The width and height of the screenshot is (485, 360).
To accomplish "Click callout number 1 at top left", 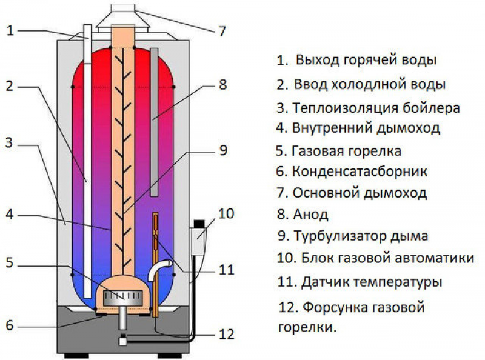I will [10, 31].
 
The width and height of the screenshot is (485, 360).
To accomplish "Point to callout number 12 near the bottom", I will [224, 333].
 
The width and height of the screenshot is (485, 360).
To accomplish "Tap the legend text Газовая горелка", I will [346, 150].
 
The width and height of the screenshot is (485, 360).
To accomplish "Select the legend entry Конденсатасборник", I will [360, 172].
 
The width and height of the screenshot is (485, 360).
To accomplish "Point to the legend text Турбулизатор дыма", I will [361, 236].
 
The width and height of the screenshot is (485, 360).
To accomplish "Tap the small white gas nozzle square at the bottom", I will [123, 341].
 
